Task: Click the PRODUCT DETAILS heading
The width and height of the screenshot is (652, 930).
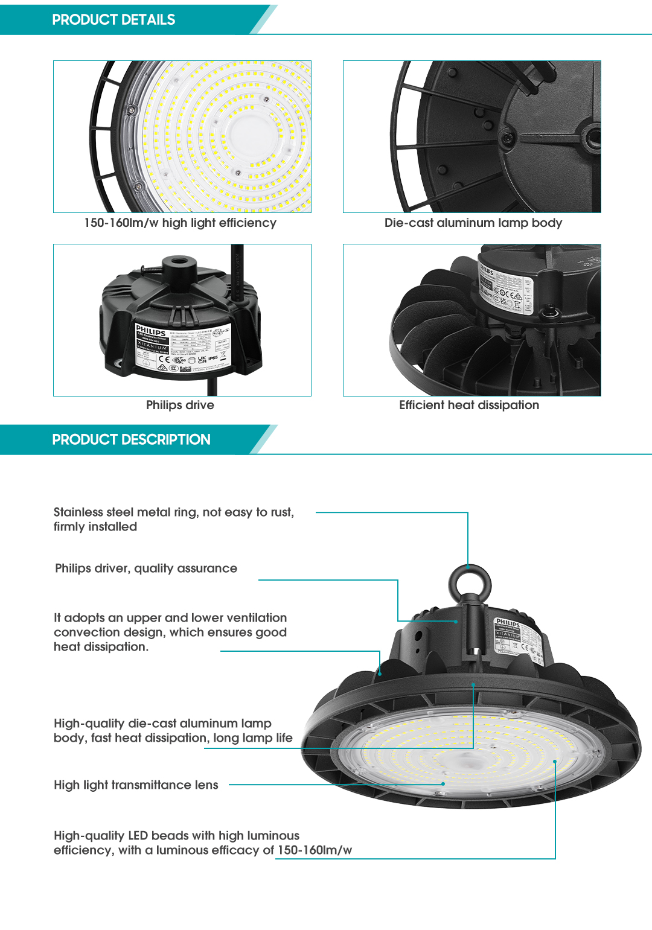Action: (x=113, y=20)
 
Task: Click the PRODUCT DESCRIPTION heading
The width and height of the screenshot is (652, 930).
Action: (x=131, y=439)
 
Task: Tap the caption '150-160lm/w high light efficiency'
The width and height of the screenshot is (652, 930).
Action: (x=180, y=223)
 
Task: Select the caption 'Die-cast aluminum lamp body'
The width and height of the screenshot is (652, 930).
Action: (x=473, y=223)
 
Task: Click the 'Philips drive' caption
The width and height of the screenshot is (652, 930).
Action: (x=180, y=405)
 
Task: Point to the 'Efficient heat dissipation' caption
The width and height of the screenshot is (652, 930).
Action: (x=468, y=405)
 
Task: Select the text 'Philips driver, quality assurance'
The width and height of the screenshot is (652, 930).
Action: (x=146, y=568)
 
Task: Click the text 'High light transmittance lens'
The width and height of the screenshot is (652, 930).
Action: (x=136, y=785)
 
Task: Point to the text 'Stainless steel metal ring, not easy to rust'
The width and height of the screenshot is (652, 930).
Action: (x=173, y=512)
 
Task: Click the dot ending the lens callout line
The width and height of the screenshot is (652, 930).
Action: (x=443, y=784)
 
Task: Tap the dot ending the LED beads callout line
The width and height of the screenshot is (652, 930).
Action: (x=555, y=762)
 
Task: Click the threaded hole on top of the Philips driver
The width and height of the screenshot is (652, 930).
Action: (x=178, y=263)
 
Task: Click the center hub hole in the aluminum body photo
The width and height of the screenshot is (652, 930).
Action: (x=593, y=136)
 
